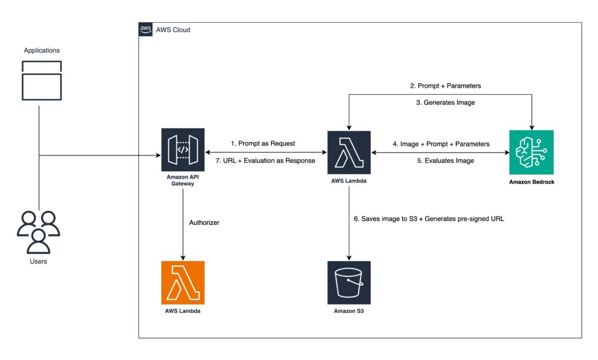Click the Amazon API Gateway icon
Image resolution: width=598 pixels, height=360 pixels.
[x=183, y=150]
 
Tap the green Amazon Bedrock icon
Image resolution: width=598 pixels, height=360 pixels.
[x=531, y=153]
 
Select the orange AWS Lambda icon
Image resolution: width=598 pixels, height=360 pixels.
[x=183, y=282]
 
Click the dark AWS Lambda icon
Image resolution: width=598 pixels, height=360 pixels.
[x=349, y=153]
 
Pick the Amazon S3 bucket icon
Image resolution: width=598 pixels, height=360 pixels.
[x=349, y=282]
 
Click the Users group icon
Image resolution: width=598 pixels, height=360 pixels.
[x=39, y=232]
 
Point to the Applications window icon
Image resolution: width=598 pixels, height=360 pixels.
[x=41, y=81]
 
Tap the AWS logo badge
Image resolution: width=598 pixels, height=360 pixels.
[x=145, y=29]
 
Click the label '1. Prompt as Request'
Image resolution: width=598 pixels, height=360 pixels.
[x=263, y=144]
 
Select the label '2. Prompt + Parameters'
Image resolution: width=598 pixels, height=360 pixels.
[x=446, y=86]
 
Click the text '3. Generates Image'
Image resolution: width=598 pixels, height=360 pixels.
[x=446, y=102]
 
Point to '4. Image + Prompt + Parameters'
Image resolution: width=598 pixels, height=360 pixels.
[x=441, y=144]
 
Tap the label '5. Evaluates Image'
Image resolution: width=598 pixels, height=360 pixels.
[x=446, y=161]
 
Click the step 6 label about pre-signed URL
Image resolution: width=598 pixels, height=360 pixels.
[x=429, y=219]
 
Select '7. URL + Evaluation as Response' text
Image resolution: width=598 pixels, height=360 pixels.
[x=266, y=161]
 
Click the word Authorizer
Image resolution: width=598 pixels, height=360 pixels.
[x=204, y=223]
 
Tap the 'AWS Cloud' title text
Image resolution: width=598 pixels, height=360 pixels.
[x=173, y=30]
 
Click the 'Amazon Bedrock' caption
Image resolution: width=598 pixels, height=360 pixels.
[x=531, y=182]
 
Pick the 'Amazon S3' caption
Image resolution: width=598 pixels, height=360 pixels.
[x=349, y=311]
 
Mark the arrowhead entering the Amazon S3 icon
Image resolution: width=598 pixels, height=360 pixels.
[x=349, y=258]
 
